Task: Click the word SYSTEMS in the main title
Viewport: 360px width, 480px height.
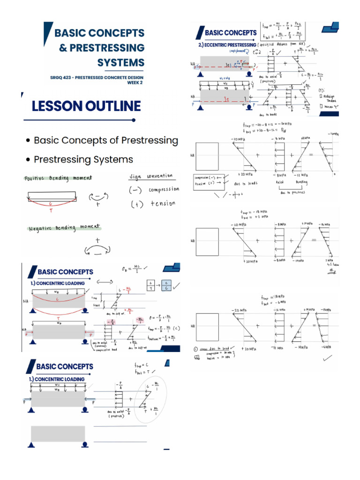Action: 120,62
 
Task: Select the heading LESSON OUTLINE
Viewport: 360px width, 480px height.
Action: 86,106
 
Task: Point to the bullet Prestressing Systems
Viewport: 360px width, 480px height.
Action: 83,159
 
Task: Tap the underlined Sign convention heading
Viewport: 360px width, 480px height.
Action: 150,176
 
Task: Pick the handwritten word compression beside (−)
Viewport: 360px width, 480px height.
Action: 164,189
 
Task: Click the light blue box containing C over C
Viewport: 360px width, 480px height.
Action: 168,285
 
